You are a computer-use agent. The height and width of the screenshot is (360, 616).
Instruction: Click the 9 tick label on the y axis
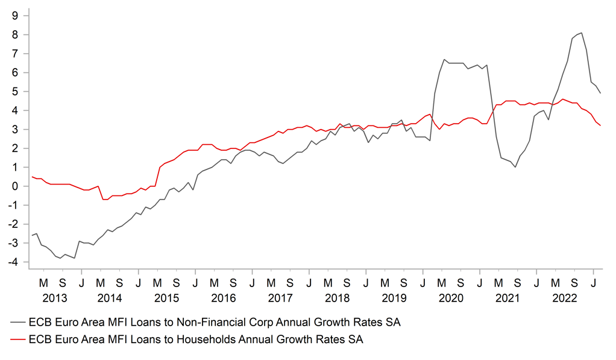click(14, 16)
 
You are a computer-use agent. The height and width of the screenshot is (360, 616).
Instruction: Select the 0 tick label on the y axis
click(14, 186)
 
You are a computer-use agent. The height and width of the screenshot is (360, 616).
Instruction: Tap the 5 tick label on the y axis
click(14, 92)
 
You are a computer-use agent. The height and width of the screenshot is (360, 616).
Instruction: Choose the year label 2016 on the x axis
click(223, 298)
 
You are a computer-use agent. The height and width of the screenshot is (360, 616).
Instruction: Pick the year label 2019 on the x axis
click(394, 298)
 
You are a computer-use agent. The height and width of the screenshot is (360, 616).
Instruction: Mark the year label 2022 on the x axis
click(565, 298)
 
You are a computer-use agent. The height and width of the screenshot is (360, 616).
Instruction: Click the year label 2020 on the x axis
click(451, 298)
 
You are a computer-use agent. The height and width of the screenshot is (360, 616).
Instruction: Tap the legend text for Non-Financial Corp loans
click(214, 323)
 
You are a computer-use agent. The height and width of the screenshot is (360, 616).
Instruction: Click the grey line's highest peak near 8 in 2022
click(581, 33)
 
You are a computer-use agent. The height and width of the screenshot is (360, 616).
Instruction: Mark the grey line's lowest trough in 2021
click(515, 167)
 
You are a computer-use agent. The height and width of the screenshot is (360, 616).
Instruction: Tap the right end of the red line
click(600, 125)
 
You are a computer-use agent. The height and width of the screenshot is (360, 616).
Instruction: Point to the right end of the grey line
click(600, 93)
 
